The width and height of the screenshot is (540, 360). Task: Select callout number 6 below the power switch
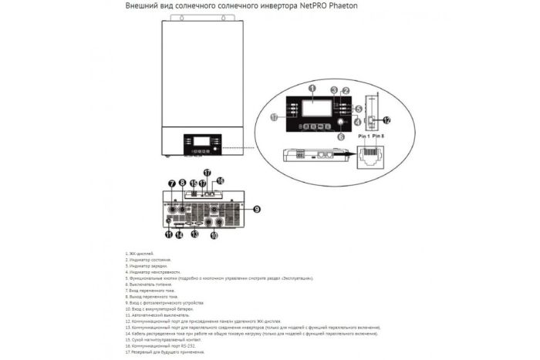tap(341, 136)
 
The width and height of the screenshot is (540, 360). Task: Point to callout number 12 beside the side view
tap(386, 119)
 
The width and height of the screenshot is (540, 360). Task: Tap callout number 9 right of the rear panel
tap(256, 208)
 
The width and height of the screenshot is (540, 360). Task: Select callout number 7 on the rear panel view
tap(171, 183)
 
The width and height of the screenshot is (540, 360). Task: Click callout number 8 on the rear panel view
tap(183, 183)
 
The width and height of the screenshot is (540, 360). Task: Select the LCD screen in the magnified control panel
tap(313, 108)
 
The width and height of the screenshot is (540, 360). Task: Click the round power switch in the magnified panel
tap(339, 121)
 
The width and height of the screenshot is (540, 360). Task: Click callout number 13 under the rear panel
tap(196, 234)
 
